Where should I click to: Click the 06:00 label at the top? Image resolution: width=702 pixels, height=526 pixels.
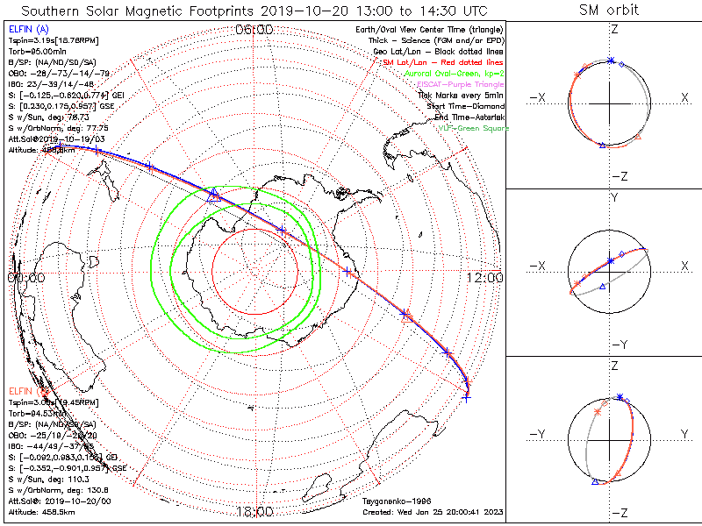click(x=254, y=30)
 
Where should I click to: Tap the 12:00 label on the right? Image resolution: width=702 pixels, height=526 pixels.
click(x=484, y=278)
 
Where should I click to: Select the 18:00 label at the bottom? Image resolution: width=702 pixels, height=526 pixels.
click(x=254, y=511)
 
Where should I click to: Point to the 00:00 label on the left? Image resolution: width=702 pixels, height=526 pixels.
click(x=25, y=278)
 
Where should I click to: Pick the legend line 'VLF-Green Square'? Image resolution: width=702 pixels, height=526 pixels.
click(x=475, y=129)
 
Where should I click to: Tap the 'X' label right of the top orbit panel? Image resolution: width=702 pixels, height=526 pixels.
click(x=684, y=97)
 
